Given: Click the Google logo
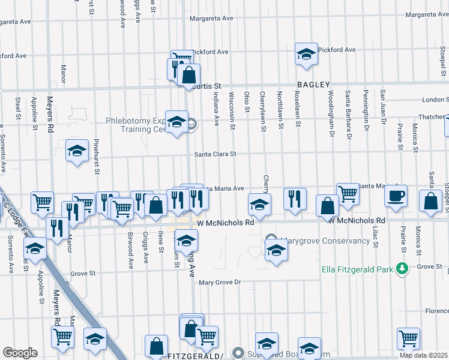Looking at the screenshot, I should pyautogui.click(x=20, y=353).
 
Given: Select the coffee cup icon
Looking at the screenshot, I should pyautogui.click(x=396, y=196).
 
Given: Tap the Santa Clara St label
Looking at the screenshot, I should pyautogui.click(x=215, y=154).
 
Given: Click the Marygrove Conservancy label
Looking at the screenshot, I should pyautogui.click(x=325, y=241).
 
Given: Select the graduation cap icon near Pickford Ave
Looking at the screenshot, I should pyautogui.click(x=306, y=54).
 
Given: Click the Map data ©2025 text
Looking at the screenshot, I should pyautogui.click(x=424, y=355).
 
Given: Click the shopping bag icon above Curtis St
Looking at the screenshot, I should pyautogui.click(x=188, y=76).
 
